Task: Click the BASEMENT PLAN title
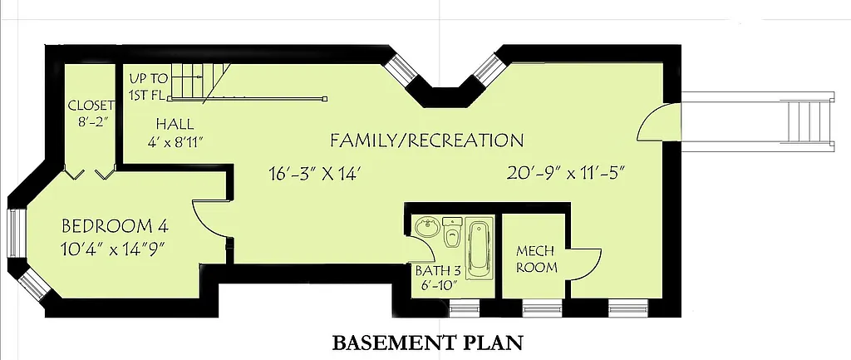[427, 342]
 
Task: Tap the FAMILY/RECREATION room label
[426, 140]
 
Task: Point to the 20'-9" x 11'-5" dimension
[565, 174]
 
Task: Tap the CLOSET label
[91, 105]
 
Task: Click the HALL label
[175, 123]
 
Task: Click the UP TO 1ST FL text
[149, 86]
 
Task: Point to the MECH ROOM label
[536, 259]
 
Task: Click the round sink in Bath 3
[428, 226]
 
